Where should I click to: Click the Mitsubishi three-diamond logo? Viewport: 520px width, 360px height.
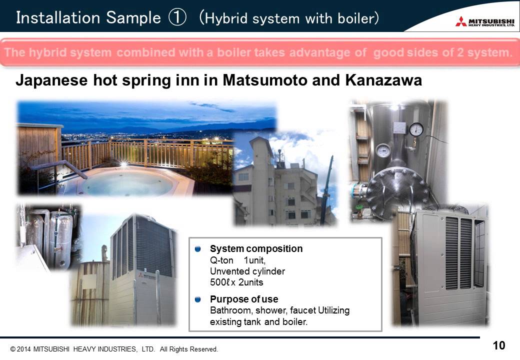[461, 22]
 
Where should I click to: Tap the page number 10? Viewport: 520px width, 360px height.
[498, 345]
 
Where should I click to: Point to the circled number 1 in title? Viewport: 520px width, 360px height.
[178, 18]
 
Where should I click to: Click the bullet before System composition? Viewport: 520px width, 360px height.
[198, 248]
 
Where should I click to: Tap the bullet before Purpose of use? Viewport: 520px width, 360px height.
[198, 299]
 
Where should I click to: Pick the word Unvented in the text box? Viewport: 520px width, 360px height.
[227, 271]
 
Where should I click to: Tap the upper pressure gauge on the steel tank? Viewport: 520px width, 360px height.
[415, 129]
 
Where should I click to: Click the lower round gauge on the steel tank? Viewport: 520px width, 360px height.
[383, 150]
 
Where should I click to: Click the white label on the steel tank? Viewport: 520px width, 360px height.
[399, 127]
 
